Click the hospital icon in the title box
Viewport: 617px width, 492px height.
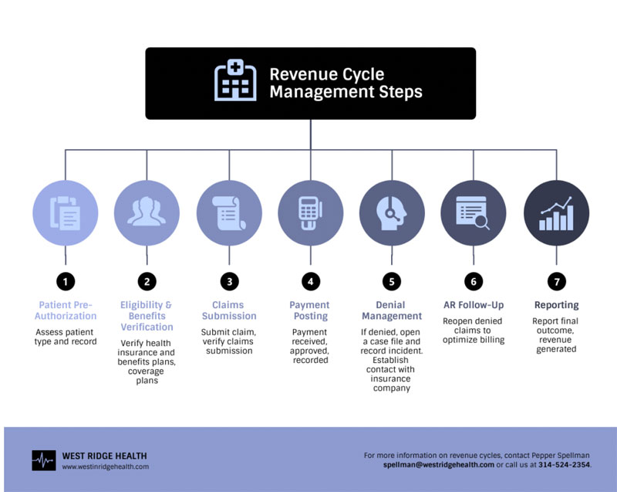(x=235, y=80)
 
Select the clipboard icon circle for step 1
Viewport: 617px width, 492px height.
(x=66, y=212)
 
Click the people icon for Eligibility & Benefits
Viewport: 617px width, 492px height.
(x=147, y=212)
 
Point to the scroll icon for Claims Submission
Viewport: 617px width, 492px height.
(x=229, y=212)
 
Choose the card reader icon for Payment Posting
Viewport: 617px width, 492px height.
(x=311, y=212)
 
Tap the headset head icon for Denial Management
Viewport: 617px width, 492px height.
(x=392, y=213)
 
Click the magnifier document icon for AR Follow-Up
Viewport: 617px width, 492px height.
(x=473, y=212)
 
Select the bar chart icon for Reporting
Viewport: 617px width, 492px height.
(x=556, y=213)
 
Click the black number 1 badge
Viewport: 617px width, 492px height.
(x=66, y=282)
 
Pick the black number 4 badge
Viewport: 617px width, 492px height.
(x=311, y=282)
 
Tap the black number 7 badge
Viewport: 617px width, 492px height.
(x=557, y=282)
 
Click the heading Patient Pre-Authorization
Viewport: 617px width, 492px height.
(x=66, y=310)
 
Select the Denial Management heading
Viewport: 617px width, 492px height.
(x=392, y=310)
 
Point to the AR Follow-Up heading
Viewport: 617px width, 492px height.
(x=474, y=305)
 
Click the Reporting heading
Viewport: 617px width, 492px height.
(x=556, y=305)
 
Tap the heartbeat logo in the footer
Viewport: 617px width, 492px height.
(x=44, y=460)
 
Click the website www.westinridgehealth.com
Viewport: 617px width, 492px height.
(x=106, y=467)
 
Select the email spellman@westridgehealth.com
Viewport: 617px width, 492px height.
(x=438, y=465)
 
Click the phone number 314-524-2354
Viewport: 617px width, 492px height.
(x=565, y=465)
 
